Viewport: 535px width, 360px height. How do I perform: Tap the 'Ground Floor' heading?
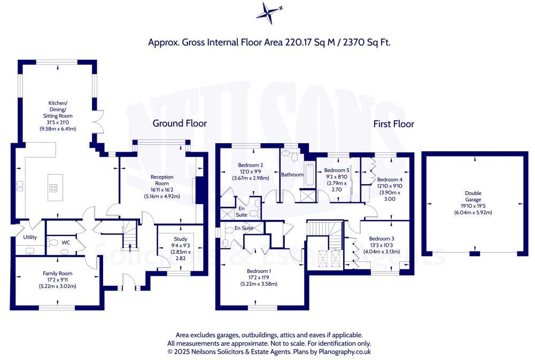point(180,123)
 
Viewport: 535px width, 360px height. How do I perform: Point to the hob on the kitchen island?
point(55,187)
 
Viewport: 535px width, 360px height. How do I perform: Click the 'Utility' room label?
point(29,237)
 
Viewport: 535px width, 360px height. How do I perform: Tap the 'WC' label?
point(66,242)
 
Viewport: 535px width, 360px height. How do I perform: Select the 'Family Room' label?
point(57,273)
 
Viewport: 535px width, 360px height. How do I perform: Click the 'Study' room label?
point(180,239)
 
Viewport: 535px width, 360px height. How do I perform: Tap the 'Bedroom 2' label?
point(250,165)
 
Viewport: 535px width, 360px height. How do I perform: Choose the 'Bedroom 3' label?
point(382,238)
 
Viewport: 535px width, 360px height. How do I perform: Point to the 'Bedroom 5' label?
point(338,171)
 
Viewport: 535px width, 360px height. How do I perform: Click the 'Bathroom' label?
point(292,175)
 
